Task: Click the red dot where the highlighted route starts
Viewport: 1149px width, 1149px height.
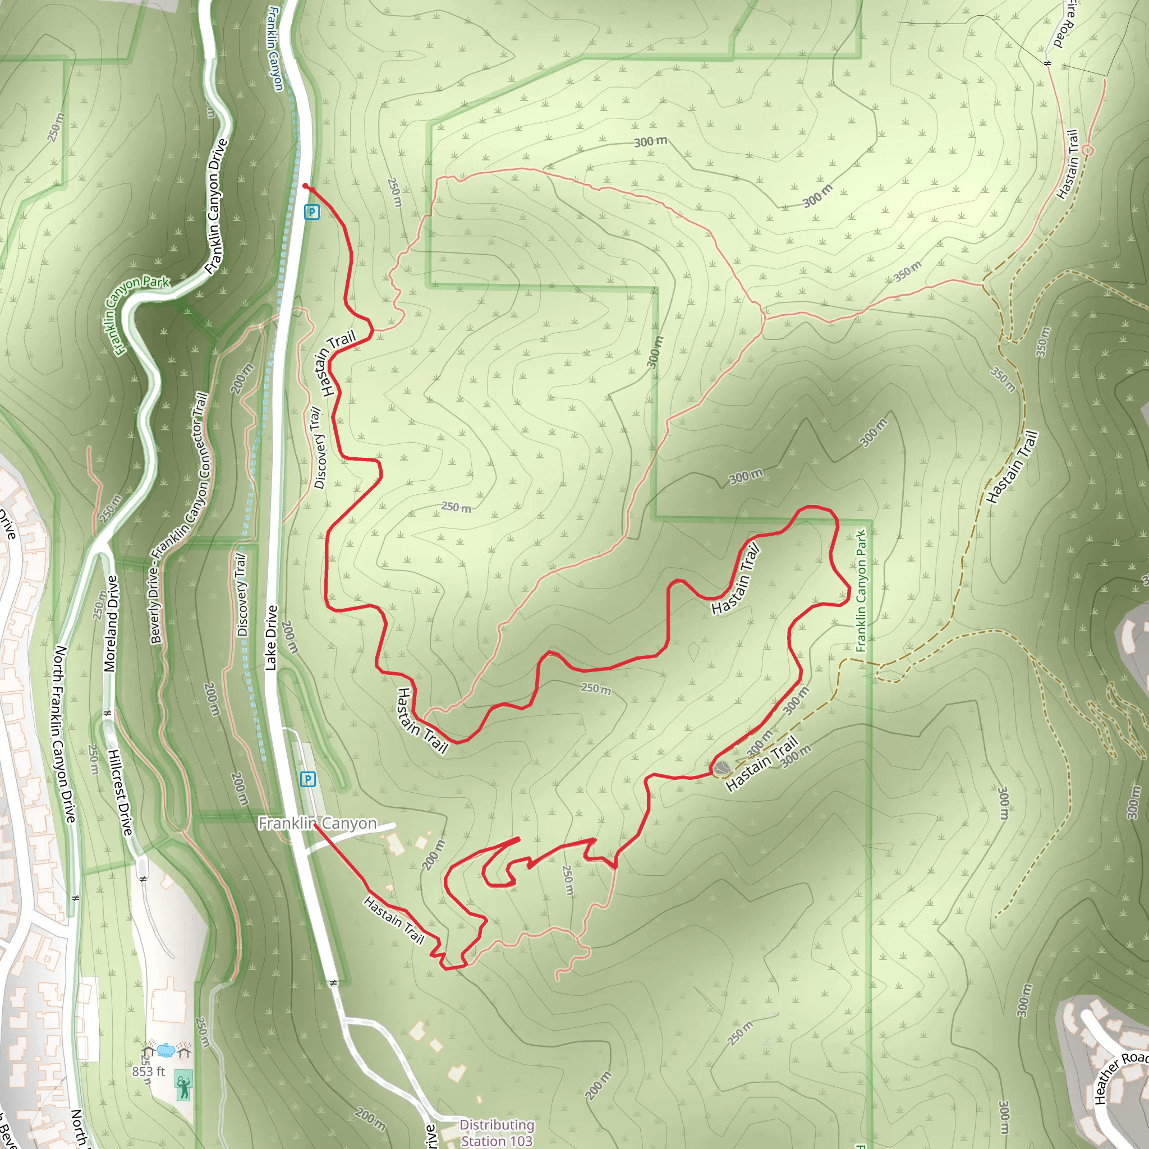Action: [305, 186]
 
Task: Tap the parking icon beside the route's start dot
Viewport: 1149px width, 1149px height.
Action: [311, 212]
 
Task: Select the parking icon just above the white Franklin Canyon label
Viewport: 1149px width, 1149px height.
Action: [307, 779]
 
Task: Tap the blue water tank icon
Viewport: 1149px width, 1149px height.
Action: [166, 1050]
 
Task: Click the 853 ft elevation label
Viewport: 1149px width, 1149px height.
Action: [148, 1071]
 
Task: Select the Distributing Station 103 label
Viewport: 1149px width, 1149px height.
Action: [497, 1132]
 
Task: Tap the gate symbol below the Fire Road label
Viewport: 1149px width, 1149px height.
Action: [1048, 62]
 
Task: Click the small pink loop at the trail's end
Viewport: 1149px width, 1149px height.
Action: [1087, 150]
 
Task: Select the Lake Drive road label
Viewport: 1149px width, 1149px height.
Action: [271, 637]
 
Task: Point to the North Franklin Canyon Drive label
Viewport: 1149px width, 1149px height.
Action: [65, 734]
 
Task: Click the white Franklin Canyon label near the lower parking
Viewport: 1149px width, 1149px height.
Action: [318, 823]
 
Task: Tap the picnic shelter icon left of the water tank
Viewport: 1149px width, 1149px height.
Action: [148, 1051]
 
